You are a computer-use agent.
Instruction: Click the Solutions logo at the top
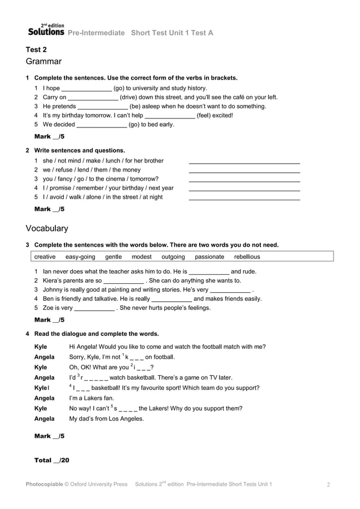(x=46, y=31)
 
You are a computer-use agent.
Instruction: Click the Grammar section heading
(x=43, y=62)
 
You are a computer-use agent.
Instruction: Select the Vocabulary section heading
(x=47, y=229)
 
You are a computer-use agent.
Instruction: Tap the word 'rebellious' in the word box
(x=247, y=257)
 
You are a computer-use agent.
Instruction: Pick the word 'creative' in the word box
(x=45, y=257)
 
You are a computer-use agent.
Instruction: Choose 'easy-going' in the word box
(x=80, y=257)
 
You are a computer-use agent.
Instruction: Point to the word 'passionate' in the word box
(x=209, y=257)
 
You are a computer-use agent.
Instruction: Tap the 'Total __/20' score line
(x=51, y=460)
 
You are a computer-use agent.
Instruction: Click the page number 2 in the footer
(x=328, y=485)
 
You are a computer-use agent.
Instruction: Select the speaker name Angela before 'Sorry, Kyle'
(x=45, y=357)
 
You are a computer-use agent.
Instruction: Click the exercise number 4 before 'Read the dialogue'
(x=28, y=334)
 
